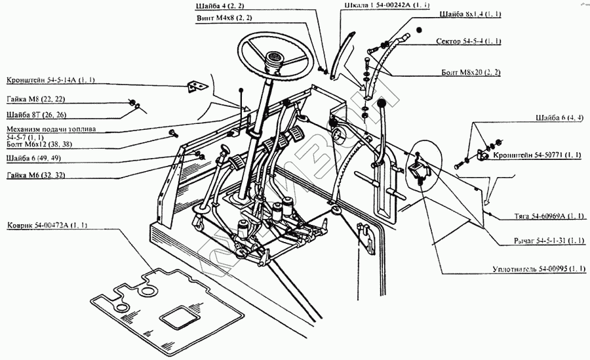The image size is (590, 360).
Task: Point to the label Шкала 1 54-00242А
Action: (x=387, y=5)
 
